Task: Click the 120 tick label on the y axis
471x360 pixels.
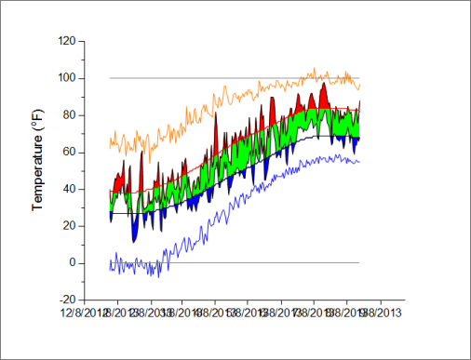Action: pos(66,41)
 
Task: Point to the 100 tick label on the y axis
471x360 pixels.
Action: pos(66,78)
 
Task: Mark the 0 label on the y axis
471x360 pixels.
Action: pos(72,263)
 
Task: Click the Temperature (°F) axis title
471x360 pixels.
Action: pos(39,170)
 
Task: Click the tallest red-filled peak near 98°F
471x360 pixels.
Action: pos(323,87)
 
